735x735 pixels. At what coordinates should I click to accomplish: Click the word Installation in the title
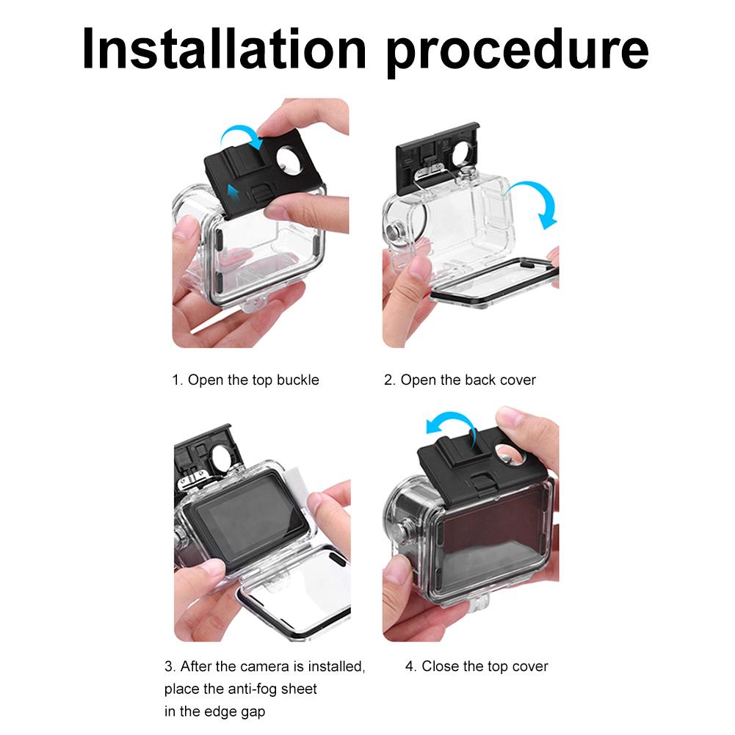coord(223,48)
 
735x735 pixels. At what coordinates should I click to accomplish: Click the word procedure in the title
coord(518,49)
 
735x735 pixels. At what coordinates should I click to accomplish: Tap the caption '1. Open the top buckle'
coord(245,380)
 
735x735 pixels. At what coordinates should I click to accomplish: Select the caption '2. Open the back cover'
coord(460,380)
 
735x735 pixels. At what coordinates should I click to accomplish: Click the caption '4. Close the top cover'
coord(477,667)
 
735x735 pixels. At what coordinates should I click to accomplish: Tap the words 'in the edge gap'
coord(214,711)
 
